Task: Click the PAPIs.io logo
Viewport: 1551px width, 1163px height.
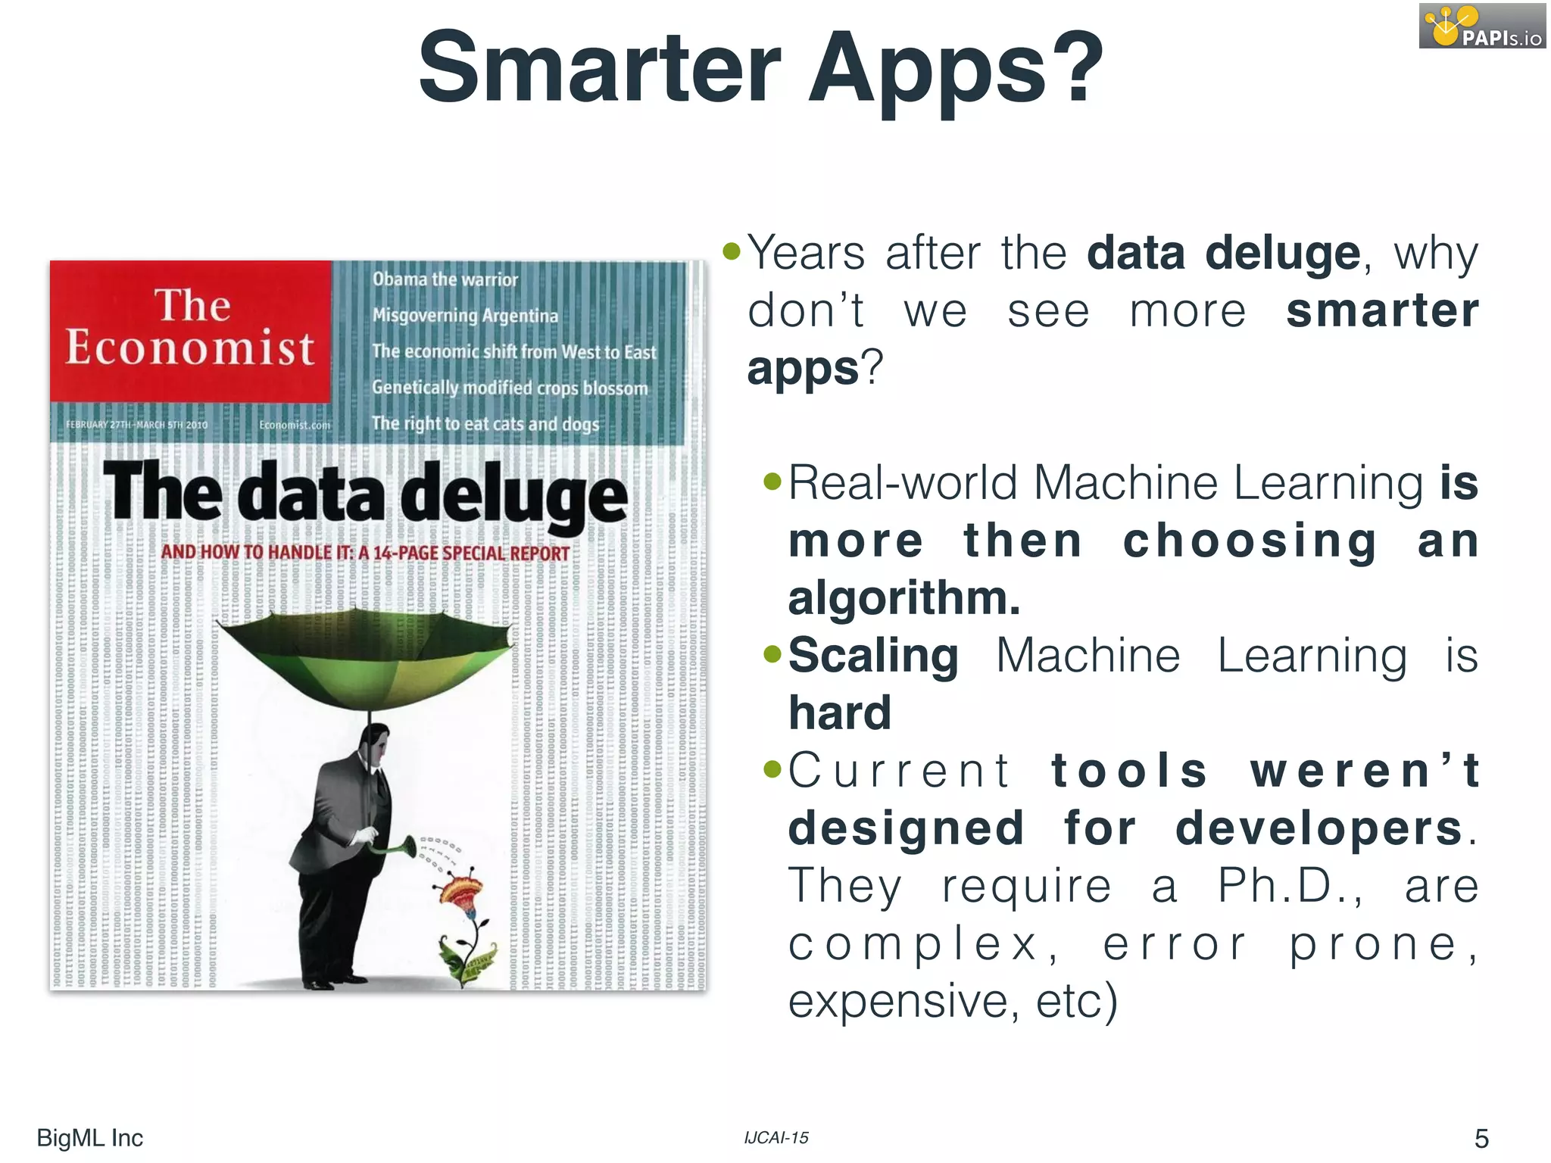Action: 1481,27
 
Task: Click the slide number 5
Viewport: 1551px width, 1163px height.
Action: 1481,1138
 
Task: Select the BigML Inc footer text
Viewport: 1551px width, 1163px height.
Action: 89,1138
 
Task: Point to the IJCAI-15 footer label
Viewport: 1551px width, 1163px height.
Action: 776,1137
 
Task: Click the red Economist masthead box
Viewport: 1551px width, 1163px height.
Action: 190,331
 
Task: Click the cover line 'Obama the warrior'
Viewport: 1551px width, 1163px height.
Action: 445,279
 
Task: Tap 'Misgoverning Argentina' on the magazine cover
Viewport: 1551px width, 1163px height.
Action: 465,315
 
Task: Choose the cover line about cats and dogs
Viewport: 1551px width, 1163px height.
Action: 485,424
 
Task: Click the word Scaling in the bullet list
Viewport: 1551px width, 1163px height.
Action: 873,656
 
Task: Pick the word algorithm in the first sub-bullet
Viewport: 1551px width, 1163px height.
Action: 904,598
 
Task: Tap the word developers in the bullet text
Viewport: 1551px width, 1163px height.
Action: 1319,828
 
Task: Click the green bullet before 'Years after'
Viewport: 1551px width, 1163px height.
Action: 731,251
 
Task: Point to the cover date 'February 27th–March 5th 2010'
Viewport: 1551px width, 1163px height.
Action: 136,425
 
